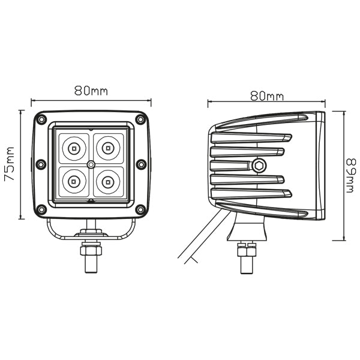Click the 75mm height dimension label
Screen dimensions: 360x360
pos(11,163)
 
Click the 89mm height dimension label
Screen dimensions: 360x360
pos(352,175)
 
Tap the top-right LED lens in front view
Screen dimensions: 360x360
pos(107,146)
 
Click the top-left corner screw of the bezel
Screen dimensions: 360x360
pos(41,118)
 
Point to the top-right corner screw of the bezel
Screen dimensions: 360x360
pos(140,118)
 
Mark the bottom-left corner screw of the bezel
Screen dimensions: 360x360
pos(41,209)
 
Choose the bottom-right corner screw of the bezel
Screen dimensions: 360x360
pos(140,209)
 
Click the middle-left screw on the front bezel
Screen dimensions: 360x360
pos(40,164)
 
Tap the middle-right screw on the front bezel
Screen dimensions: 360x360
pos(141,164)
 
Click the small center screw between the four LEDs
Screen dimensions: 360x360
pos(91,163)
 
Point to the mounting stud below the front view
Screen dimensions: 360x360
pos(91,255)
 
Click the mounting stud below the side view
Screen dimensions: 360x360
pos(246,257)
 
